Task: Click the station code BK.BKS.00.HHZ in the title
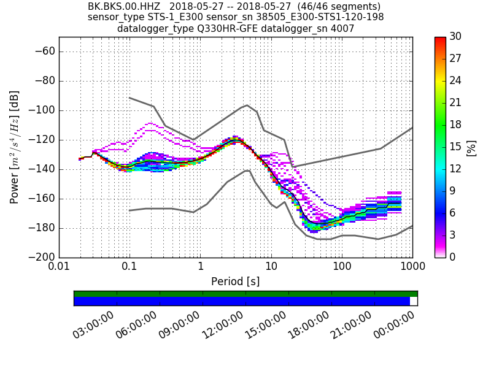click(x=124, y=7)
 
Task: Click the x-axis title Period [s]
click(x=236, y=282)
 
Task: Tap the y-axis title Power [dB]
click(x=14, y=147)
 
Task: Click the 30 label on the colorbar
click(x=456, y=37)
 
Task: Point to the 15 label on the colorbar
click(x=456, y=147)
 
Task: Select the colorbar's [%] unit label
click(x=471, y=147)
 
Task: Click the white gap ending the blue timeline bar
click(x=414, y=301)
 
